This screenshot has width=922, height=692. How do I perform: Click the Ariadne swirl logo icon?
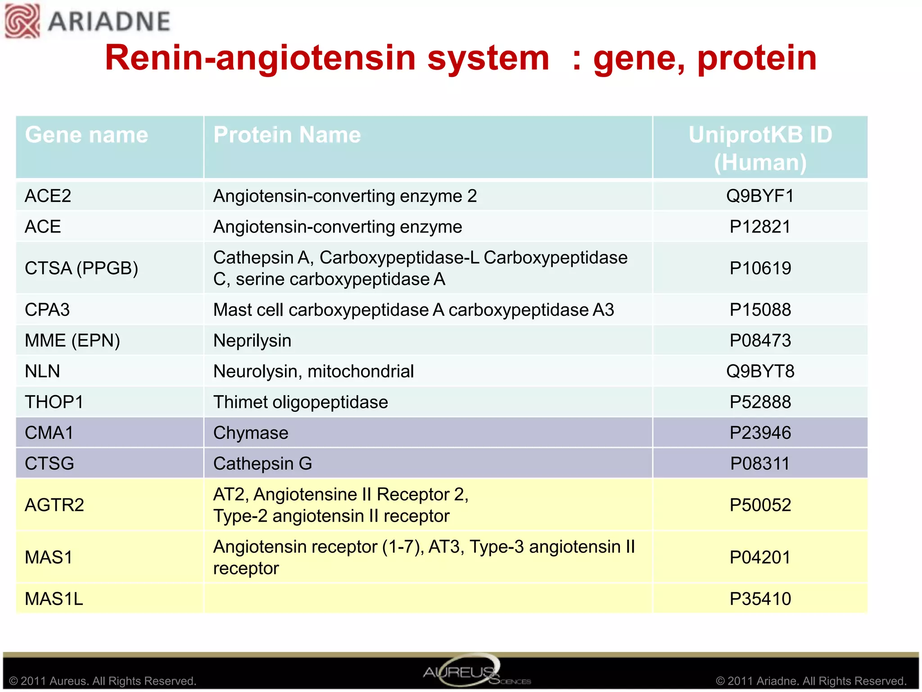coord(22,21)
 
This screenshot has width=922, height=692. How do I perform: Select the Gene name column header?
coord(86,135)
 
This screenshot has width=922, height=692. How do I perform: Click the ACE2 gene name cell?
coord(48,196)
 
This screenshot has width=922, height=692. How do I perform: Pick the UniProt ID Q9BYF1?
coord(760,196)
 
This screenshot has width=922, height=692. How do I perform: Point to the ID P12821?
coord(760,227)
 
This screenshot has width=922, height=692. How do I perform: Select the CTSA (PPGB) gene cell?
coord(81,268)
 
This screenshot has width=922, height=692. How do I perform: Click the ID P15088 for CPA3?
coord(760,310)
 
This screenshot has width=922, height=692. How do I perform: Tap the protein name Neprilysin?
coord(252,341)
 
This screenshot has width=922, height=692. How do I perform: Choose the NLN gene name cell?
coord(43,371)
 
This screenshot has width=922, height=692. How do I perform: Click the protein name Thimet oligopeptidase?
coord(300,402)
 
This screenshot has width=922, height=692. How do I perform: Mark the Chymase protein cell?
coord(251,433)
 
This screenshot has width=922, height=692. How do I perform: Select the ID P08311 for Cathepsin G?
coord(760,464)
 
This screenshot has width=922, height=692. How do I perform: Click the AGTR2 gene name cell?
coord(54,505)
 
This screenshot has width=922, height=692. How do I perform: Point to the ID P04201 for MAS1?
coord(760,557)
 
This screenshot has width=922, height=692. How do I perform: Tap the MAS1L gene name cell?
coord(54,599)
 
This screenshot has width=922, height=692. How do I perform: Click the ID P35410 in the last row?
coord(760,599)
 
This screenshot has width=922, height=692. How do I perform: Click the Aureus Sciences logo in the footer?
coord(468,671)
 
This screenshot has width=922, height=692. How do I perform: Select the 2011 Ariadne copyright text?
coord(811,681)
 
